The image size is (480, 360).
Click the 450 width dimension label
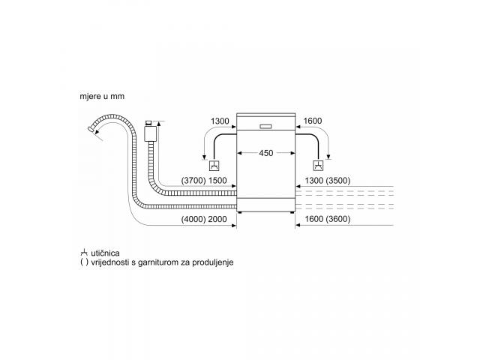pos(265,153)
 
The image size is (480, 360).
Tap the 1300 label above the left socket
pos(220,121)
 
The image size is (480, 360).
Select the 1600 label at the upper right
pos(313,121)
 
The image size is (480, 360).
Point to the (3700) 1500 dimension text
pos(204,181)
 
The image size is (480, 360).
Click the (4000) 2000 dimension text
pos(204,219)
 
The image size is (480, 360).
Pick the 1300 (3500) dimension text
pos(328,181)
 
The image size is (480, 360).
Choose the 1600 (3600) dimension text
pos(328,219)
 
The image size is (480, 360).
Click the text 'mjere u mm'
pos(102,96)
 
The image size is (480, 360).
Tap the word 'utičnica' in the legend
pos(105,253)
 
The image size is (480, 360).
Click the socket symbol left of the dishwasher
pos(214,166)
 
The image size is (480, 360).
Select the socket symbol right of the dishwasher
pos(318,166)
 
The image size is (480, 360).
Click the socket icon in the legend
pos(84,253)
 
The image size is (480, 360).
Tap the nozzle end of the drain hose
pos(91,129)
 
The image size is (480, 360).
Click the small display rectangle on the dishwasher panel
pos(265,127)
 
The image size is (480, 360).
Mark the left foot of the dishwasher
pos(241,212)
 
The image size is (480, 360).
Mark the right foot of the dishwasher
pos(291,212)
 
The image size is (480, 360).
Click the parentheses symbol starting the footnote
pos(84,262)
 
